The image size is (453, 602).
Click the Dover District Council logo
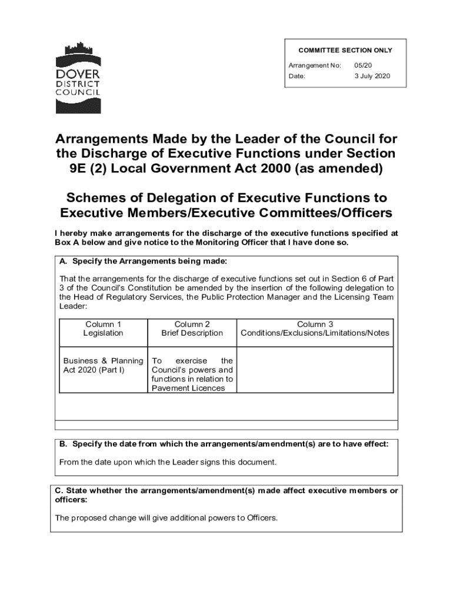pyautogui.click(x=78, y=78)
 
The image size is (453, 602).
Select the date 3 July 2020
pyautogui.click(x=372, y=76)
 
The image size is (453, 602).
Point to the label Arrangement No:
pyautogui.click(x=315, y=65)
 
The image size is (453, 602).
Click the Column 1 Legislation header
pyautogui.click(x=103, y=329)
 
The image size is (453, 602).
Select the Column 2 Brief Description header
pyautogui.click(x=192, y=329)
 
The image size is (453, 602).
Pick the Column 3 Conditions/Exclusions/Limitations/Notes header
pyautogui.click(x=315, y=329)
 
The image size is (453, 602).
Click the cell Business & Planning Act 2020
pyautogui.click(x=103, y=365)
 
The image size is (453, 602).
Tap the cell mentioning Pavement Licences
pyautogui.click(x=192, y=374)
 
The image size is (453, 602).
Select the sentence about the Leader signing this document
pyautogui.click(x=168, y=462)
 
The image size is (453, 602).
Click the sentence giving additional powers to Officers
pyautogui.click(x=166, y=518)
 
